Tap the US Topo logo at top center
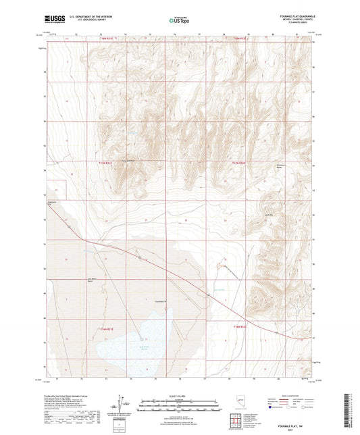pos(178,20)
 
